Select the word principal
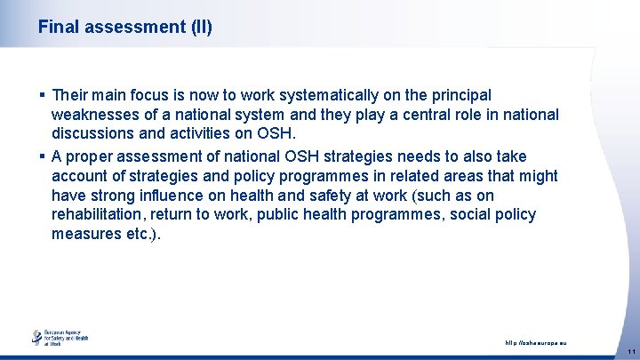[x=457, y=94]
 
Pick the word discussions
[x=97, y=135]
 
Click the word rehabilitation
[x=100, y=215]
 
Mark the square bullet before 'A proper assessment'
[x=42, y=156]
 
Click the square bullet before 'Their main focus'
[x=42, y=95]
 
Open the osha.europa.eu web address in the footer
[x=535, y=343]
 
